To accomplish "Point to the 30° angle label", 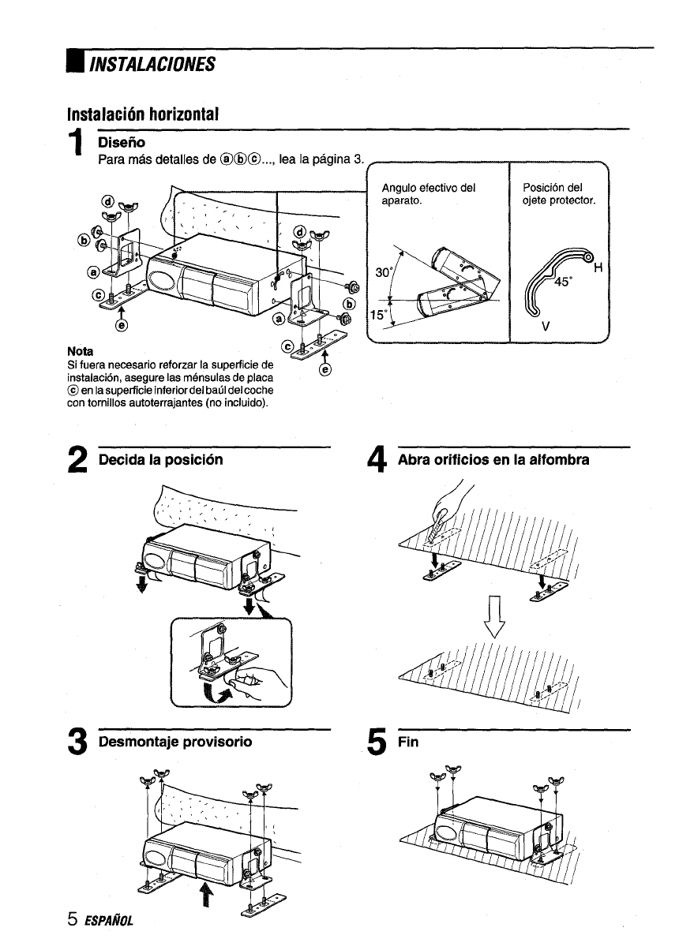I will [x=385, y=271].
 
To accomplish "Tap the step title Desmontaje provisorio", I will [x=174, y=742].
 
